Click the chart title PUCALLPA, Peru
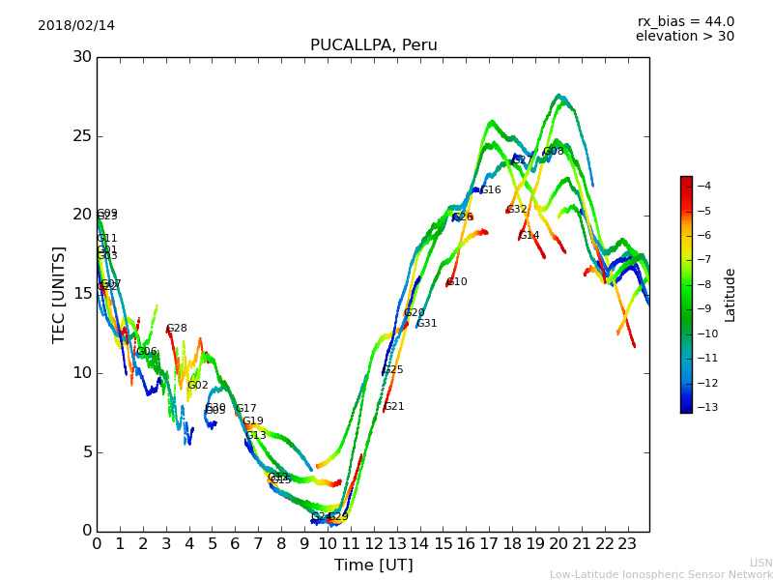click(x=373, y=45)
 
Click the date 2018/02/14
click(x=76, y=26)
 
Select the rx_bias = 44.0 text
click(x=685, y=22)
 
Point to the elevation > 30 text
click(x=684, y=37)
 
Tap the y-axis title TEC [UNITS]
click(x=59, y=294)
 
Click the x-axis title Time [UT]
click(x=373, y=565)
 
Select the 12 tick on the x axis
click(x=373, y=544)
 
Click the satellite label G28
click(x=177, y=329)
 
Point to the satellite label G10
click(x=456, y=282)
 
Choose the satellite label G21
click(x=394, y=407)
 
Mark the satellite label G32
click(x=517, y=209)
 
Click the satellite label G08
click(x=554, y=152)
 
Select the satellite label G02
click(x=198, y=386)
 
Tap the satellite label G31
click(x=427, y=324)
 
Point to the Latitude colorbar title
click(x=730, y=295)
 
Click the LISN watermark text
click(x=761, y=563)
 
